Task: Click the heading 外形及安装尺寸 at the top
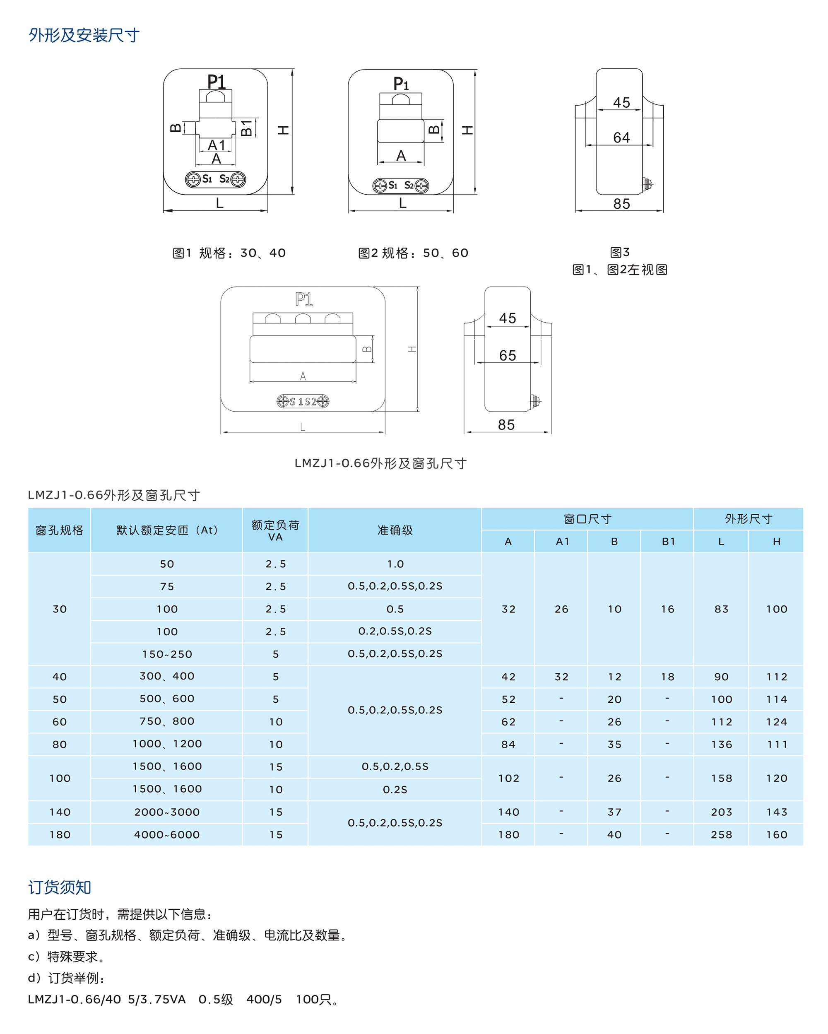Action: pyautogui.click(x=84, y=35)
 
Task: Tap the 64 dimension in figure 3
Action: pyautogui.click(x=621, y=137)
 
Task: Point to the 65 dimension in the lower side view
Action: pyautogui.click(x=507, y=355)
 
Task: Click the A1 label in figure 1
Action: pyautogui.click(x=216, y=145)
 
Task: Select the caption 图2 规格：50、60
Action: pyautogui.click(x=413, y=253)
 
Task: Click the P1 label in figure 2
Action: pyautogui.click(x=401, y=84)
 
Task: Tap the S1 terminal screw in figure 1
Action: pyautogui.click(x=193, y=179)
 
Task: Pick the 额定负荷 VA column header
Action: pyautogui.click(x=275, y=530)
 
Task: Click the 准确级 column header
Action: pyautogui.click(x=395, y=530)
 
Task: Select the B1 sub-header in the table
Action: pyautogui.click(x=668, y=542)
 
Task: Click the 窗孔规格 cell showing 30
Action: pyautogui.click(x=60, y=609)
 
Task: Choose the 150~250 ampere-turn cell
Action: pyautogui.click(x=167, y=654)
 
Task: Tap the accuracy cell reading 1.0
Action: pyautogui.click(x=395, y=564)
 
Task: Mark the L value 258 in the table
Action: pyautogui.click(x=721, y=834)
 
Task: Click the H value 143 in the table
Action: pyautogui.click(x=776, y=812)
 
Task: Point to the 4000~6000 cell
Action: pyautogui.click(x=167, y=834)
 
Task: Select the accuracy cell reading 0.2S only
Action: pyautogui.click(x=395, y=789)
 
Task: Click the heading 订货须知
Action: pyautogui.click(x=60, y=887)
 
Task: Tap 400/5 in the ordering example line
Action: pyautogui.click(x=264, y=1000)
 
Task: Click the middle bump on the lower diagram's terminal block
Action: pyautogui.click(x=303, y=318)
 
